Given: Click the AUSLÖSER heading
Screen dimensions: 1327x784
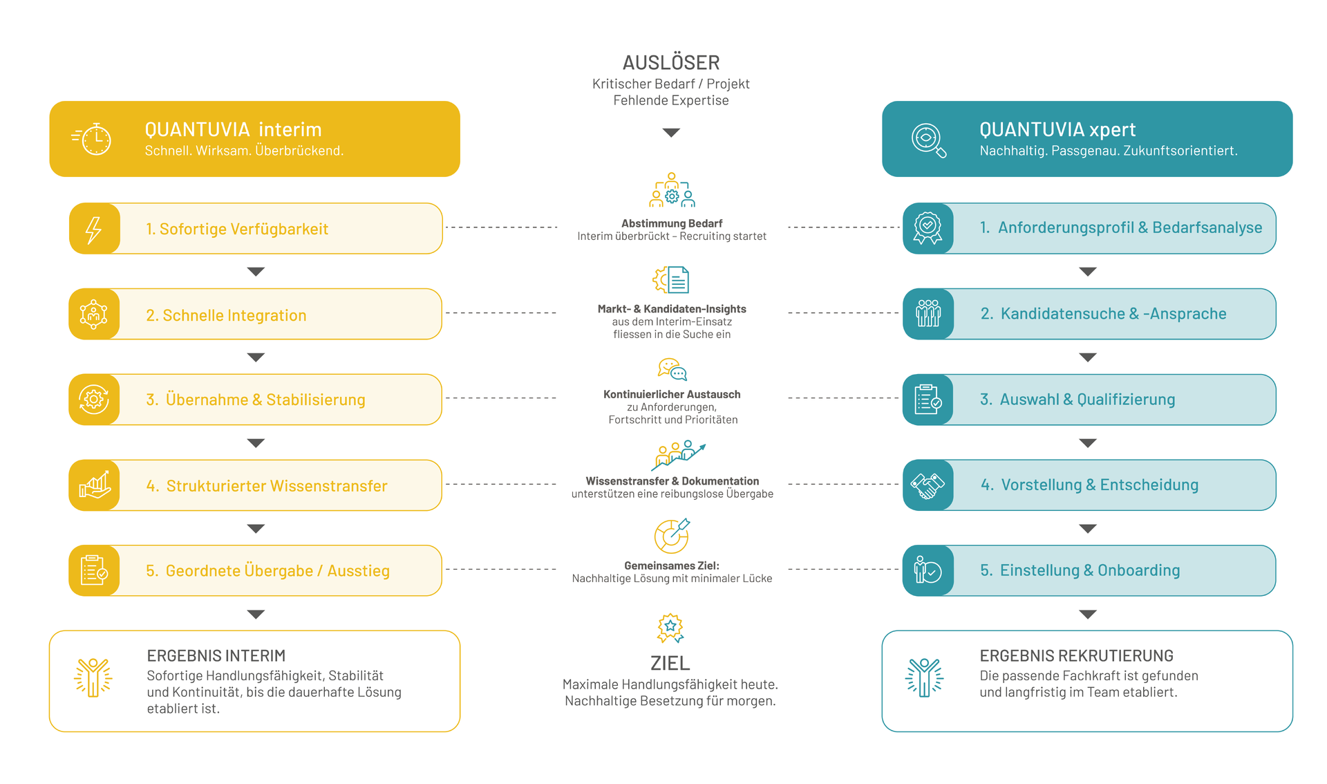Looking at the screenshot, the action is (x=671, y=63).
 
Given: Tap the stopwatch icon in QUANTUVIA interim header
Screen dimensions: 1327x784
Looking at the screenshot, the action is (x=92, y=139).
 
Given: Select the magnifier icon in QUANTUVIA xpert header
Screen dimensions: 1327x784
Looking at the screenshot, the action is (x=928, y=140).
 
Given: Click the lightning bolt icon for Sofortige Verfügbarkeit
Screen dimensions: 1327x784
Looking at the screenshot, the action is (x=93, y=230).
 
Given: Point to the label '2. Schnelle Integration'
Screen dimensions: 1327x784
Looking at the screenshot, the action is (x=226, y=315).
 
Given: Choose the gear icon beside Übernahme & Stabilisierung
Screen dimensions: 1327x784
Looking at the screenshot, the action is (x=94, y=400).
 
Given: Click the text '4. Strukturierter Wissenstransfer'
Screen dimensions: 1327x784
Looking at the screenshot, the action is (x=267, y=486).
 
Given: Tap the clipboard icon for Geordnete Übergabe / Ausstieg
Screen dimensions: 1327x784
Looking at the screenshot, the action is (x=94, y=570).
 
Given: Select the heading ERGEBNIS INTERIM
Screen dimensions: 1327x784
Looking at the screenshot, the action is (x=216, y=655).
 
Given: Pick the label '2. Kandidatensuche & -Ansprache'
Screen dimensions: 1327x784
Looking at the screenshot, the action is (x=1103, y=314).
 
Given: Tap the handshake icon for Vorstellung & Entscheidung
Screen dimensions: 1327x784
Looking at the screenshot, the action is (x=928, y=485).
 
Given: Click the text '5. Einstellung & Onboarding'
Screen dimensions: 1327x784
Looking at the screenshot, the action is (x=1080, y=570).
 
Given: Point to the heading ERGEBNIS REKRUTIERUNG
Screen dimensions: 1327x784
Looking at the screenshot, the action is (x=1076, y=655).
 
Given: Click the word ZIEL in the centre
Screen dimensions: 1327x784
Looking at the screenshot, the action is (x=670, y=664).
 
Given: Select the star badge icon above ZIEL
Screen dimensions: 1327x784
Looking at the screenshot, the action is (x=670, y=628).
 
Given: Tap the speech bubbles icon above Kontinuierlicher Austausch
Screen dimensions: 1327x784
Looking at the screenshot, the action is (x=672, y=369).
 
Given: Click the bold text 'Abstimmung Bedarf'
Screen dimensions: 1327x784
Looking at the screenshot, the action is (x=672, y=223).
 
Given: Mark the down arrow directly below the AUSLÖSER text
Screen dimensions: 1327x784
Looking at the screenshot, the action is (x=671, y=132).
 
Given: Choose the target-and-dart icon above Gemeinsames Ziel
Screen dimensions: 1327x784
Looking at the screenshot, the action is (x=672, y=536).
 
